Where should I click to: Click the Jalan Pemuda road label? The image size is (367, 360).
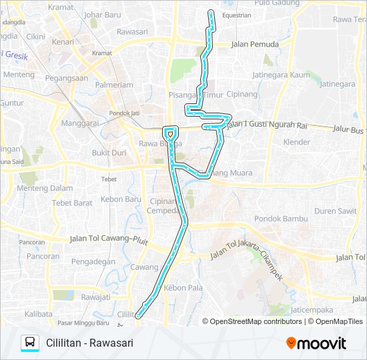point(254,45)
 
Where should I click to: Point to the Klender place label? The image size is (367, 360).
point(297,142)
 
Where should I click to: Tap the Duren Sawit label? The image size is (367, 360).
point(335,211)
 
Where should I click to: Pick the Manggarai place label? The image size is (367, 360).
point(79,123)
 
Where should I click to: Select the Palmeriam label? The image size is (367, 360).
point(114,85)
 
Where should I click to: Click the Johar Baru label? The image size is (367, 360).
point(101,14)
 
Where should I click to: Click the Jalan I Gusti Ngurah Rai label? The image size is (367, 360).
point(266,124)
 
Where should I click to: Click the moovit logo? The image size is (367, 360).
point(316,343)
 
